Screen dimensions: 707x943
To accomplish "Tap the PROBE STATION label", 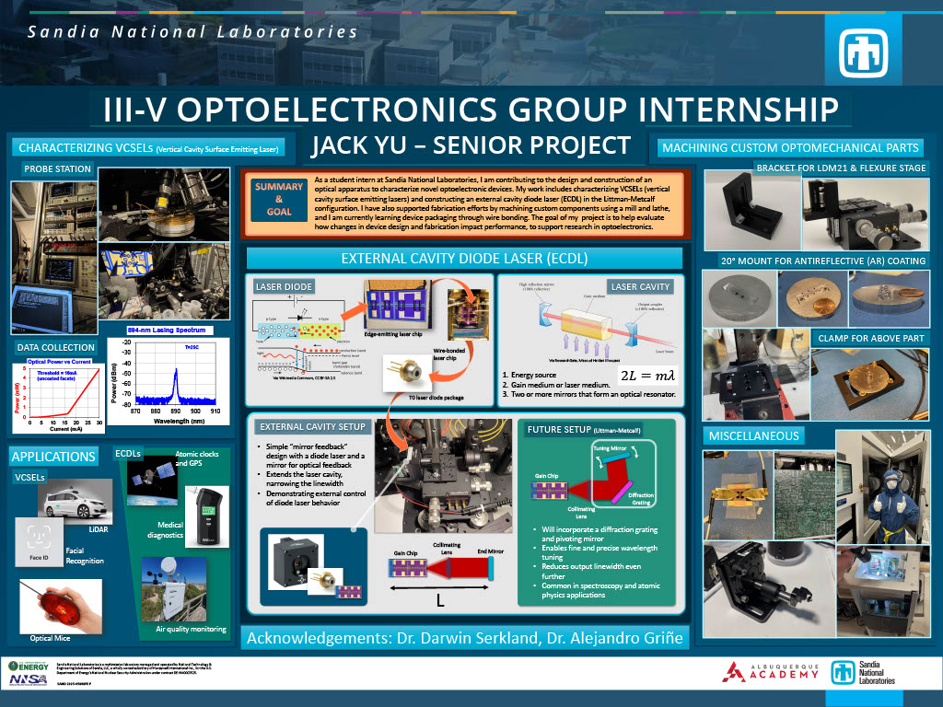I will (x=57, y=168).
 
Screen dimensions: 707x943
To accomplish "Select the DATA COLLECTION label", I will (x=56, y=347).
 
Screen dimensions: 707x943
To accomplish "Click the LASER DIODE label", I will (x=285, y=287).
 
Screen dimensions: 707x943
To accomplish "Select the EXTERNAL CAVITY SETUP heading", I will (x=314, y=427).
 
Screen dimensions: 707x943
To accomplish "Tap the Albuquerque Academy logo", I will (x=770, y=672).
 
